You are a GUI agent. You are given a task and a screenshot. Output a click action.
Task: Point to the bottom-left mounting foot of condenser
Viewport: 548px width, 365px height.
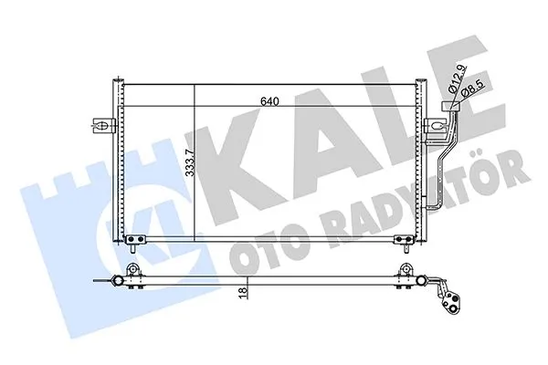click(135, 242)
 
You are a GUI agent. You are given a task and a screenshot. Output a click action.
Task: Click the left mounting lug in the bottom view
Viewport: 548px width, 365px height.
click(133, 272)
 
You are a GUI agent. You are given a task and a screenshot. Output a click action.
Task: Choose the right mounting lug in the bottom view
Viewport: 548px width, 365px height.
click(405, 272)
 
